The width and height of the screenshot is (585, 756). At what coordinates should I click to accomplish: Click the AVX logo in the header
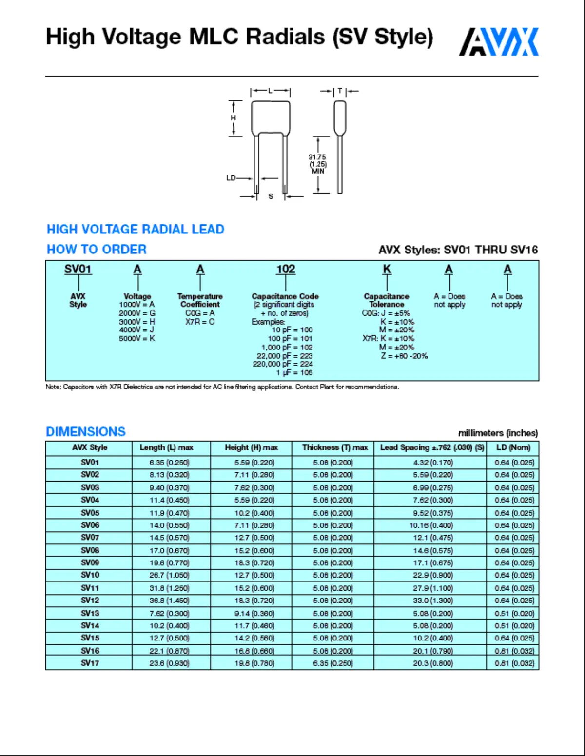coord(499,42)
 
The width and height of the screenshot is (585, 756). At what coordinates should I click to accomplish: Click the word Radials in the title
coord(285,37)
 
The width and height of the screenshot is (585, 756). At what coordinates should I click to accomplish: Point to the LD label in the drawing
coord(231,178)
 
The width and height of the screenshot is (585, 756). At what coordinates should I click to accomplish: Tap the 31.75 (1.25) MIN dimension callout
coord(317,164)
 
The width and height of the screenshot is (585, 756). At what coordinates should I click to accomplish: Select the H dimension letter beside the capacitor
coord(233,118)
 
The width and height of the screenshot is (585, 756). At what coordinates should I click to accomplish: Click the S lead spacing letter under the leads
coord(271,196)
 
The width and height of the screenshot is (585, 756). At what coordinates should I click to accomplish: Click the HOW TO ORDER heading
coord(97,249)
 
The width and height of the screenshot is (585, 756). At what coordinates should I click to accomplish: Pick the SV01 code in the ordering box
coord(78,270)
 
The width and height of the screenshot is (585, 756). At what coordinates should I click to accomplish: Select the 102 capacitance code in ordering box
coord(286,270)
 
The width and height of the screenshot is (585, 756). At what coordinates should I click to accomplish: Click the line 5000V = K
coord(137,338)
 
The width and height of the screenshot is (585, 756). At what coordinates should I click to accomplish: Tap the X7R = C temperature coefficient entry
coord(200,322)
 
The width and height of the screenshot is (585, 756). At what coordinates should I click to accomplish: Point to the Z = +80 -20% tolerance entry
coord(404,356)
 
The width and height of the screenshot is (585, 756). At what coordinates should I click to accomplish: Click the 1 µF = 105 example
coord(294,372)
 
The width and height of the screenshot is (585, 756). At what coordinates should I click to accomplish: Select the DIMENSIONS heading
coord(86,431)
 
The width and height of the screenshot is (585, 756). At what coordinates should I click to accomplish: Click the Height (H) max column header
coord(251,447)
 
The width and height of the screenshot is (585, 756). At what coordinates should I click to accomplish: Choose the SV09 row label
coord(90,562)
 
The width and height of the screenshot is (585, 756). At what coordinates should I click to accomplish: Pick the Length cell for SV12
coord(169,601)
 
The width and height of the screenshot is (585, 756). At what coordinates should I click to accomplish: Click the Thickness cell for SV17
coord(333,663)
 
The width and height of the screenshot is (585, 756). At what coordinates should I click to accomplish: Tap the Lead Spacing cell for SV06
coord(431,525)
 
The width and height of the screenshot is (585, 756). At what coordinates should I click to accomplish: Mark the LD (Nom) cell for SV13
coord(514,613)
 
